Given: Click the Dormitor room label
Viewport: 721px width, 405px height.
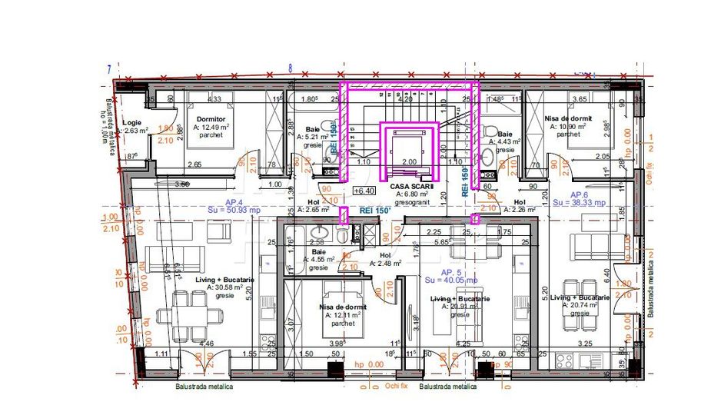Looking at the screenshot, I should (210, 119).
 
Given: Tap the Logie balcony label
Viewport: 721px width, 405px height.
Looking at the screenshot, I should (131, 122).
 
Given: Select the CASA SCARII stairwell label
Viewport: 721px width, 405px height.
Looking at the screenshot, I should (412, 186).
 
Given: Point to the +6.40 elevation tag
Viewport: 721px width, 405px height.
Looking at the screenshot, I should (364, 191).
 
